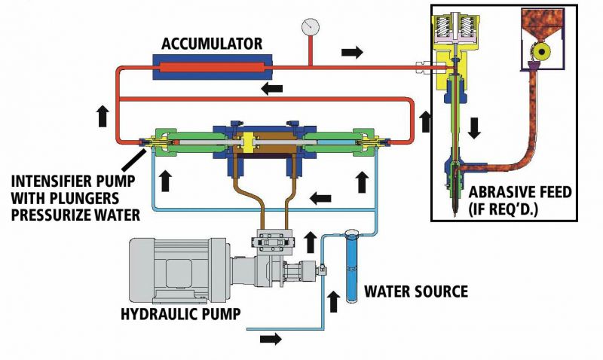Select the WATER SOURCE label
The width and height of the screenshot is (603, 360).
[416, 291]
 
